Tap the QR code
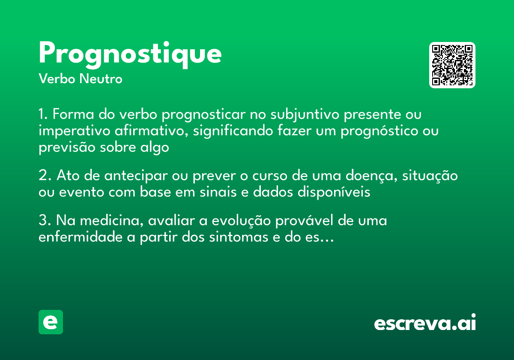click(x=452, y=65)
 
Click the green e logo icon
click(x=51, y=322)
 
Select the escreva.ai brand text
click(x=425, y=323)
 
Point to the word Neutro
click(x=101, y=79)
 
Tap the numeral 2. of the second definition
click(x=44, y=176)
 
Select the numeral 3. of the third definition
click(x=44, y=221)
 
